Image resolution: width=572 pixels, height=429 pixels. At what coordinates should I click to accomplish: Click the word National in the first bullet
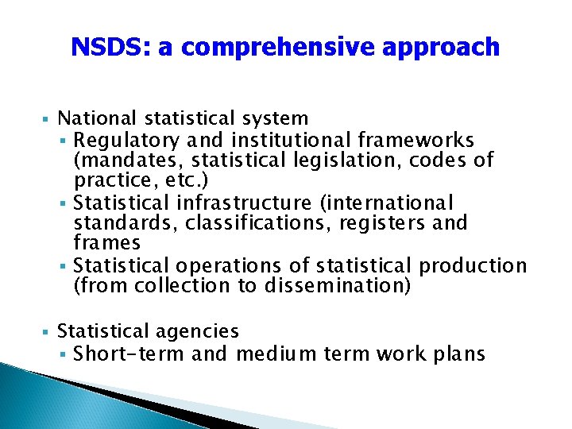pos(98,119)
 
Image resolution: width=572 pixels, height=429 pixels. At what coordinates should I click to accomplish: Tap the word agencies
pos(199,331)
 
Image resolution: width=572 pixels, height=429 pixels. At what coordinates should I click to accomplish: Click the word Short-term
pos(129,354)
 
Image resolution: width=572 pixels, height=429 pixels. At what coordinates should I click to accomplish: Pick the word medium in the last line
pos(272,354)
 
